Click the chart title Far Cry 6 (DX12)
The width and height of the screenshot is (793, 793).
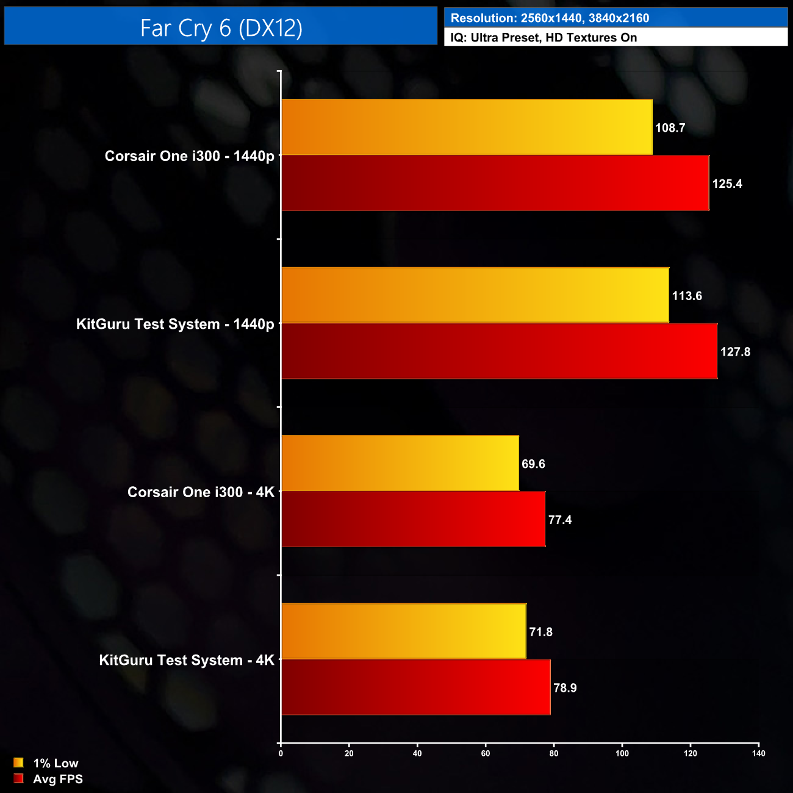(x=221, y=28)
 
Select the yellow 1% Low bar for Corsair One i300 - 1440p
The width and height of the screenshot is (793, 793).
(x=467, y=127)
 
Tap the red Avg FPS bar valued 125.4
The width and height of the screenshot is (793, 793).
(x=495, y=183)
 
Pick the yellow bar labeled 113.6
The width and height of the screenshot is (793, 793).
(x=475, y=295)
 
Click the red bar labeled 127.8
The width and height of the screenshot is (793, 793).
(x=499, y=351)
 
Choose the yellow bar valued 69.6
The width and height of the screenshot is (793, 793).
(x=400, y=463)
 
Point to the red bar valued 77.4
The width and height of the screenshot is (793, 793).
(x=413, y=519)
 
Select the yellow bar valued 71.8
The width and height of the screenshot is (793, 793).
(x=404, y=631)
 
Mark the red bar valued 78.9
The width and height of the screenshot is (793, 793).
(x=415, y=687)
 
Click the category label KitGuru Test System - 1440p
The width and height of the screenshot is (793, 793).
(x=175, y=324)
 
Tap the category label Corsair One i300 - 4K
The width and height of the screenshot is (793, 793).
(x=201, y=492)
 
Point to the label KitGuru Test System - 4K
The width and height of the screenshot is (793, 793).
(x=187, y=660)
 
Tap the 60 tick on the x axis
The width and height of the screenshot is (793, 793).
(x=486, y=753)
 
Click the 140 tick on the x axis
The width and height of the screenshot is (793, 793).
(x=758, y=753)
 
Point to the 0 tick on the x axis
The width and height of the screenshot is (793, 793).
(x=281, y=753)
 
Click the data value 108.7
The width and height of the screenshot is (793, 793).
(x=670, y=127)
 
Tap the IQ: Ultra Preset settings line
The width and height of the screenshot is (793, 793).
(x=544, y=38)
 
